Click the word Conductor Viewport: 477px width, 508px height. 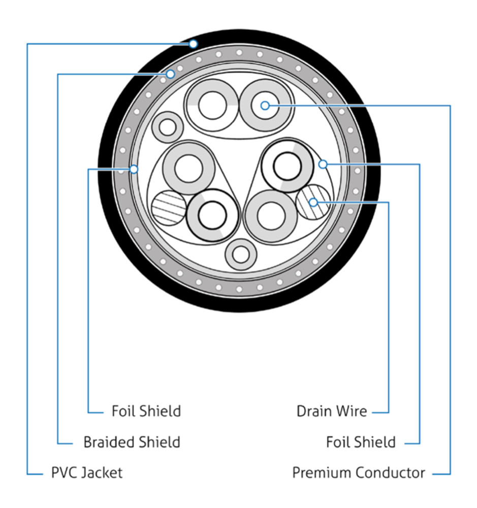click(390, 473)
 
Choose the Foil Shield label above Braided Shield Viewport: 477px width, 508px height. click(146, 410)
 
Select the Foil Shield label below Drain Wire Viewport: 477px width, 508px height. click(361, 442)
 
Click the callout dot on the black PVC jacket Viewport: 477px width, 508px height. click(193, 44)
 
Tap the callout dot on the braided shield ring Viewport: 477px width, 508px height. click(171, 75)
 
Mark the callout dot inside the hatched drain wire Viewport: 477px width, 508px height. click(314, 202)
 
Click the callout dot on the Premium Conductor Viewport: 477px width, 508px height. click(265, 106)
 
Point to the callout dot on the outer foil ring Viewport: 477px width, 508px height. click(134, 169)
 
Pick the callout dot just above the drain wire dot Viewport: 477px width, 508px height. click(323, 164)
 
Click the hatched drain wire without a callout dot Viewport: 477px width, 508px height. click(168, 208)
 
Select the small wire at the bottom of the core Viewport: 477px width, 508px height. click(240, 255)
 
